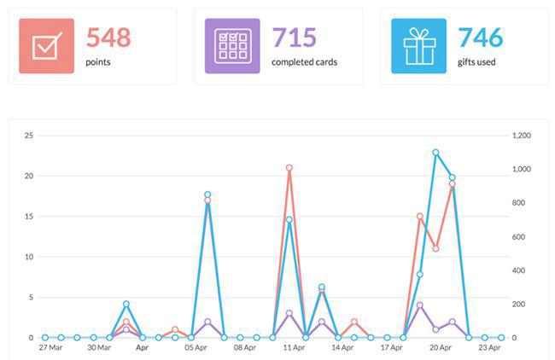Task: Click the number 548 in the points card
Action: tap(108, 38)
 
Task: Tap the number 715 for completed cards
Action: tap(294, 38)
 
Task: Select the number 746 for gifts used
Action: tap(480, 38)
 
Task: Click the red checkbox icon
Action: tap(47, 46)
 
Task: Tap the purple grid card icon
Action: tap(232, 46)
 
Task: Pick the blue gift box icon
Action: tap(418, 46)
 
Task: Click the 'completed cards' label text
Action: tap(305, 62)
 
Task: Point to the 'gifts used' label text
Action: tap(477, 62)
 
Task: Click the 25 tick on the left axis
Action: tap(28, 136)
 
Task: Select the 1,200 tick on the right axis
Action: tap(521, 136)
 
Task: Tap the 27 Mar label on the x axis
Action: tap(50, 348)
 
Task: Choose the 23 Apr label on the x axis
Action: tap(488, 348)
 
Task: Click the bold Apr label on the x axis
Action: tap(142, 348)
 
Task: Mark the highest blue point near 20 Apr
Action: tap(435, 153)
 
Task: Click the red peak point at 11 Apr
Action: tap(289, 168)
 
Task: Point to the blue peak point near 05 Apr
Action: tap(207, 195)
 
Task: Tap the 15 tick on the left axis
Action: tap(28, 217)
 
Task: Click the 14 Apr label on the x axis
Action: tap(342, 348)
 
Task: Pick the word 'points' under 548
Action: tap(97, 62)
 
